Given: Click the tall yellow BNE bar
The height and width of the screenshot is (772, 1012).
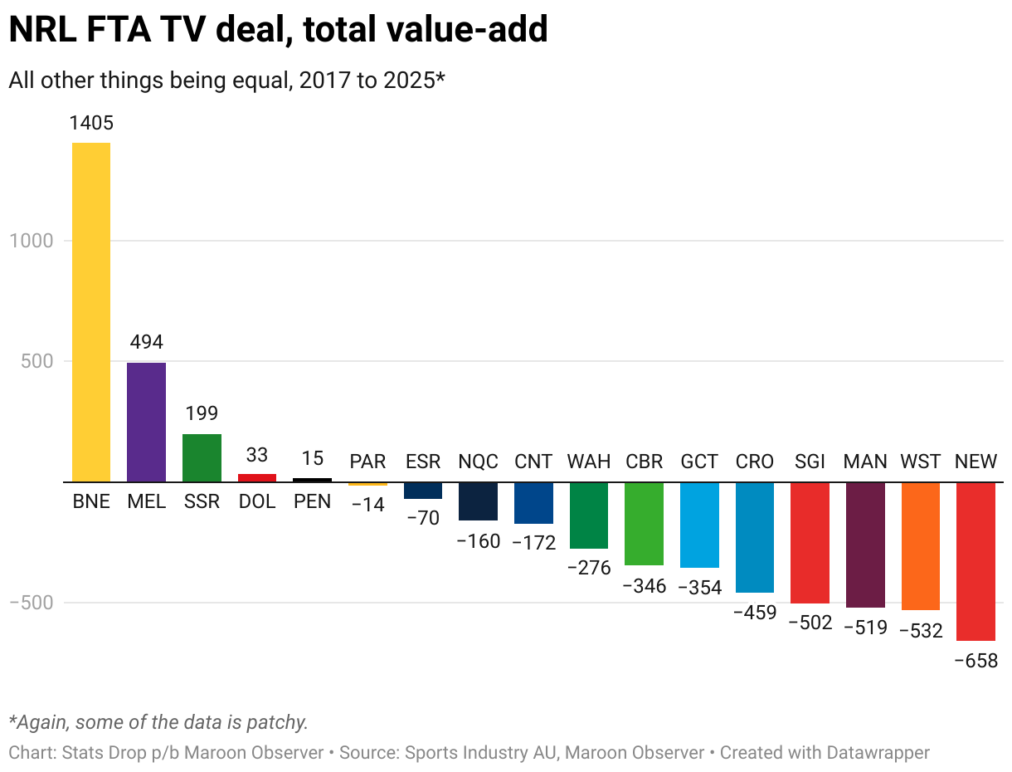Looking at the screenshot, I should (91, 312).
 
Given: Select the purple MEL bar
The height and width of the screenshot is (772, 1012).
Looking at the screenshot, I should (146, 422).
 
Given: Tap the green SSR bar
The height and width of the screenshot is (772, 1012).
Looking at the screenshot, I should (202, 457).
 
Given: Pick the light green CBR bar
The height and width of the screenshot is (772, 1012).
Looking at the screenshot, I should (644, 523).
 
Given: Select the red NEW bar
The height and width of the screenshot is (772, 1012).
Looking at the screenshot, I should (976, 561).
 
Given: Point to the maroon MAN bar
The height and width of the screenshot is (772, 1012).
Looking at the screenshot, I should (865, 545).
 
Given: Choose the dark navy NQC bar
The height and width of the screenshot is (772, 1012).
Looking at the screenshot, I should (478, 501).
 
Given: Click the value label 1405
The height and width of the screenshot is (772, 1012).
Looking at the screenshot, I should (91, 124).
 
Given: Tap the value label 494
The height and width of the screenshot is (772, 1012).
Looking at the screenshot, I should (147, 342).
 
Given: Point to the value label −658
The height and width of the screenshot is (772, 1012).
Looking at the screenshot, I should (976, 662).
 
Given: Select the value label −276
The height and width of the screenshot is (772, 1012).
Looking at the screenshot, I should (589, 569).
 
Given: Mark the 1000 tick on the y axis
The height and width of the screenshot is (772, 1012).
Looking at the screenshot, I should (32, 241).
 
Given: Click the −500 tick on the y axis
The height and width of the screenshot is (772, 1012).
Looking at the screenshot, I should (30, 603).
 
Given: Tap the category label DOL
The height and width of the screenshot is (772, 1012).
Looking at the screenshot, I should (257, 502).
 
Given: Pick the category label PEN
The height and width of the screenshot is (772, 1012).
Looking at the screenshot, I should (312, 502).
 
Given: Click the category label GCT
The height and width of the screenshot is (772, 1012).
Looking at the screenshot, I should (699, 462).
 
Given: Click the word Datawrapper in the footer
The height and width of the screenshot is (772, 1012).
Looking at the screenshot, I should (878, 753).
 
